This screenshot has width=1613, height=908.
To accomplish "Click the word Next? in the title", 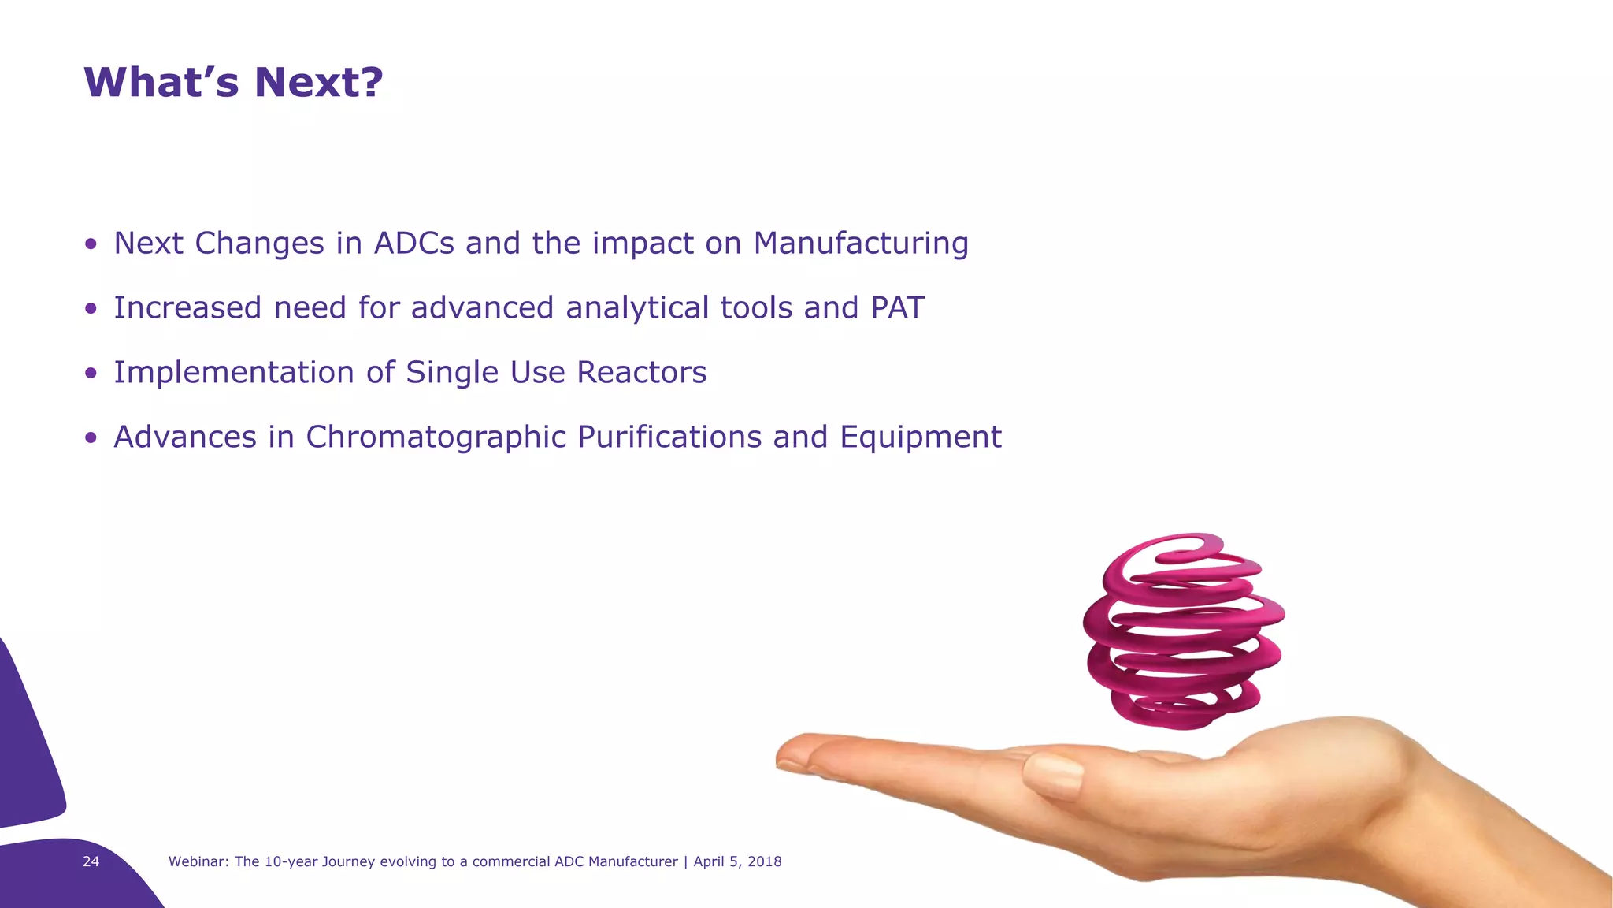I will pyautogui.click(x=318, y=83).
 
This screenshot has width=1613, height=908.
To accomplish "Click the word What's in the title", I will pyautogui.click(x=161, y=83).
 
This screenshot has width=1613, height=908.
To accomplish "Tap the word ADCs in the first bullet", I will pyautogui.click(x=414, y=244).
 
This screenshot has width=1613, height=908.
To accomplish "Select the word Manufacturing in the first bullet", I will pyautogui.click(x=861, y=244).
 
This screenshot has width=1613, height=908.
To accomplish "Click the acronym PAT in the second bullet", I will pyautogui.click(x=897, y=308).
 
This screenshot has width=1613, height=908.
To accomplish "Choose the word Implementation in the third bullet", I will pyautogui.click(x=234, y=373).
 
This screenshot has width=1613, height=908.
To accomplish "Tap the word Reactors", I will pyautogui.click(x=641, y=373).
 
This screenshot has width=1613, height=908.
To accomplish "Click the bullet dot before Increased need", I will pyautogui.click(x=91, y=310).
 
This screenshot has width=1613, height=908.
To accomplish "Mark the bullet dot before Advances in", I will pyautogui.click(x=91, y=439).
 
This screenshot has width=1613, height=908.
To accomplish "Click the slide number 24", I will pyautogui.click(x=91, y=861).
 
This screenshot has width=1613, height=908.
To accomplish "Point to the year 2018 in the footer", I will pyautogui.click(x=764, y=861).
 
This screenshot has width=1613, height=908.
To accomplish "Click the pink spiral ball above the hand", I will pyautogui.click(x=1183, y=631).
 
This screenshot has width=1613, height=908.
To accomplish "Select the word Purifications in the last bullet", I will pyautogui.click(x=669, y=437).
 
